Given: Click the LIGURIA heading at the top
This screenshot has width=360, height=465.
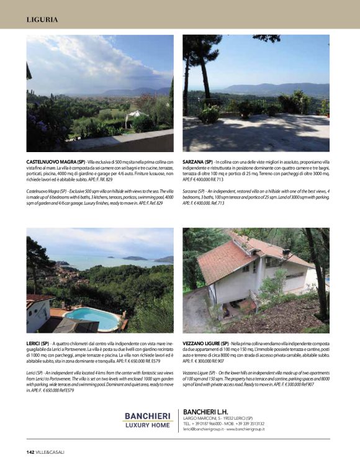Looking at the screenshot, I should coord(42,19).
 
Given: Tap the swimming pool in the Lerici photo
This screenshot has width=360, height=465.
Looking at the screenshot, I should coord(92,317).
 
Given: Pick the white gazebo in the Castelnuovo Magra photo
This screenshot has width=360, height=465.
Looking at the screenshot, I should coord(134,115).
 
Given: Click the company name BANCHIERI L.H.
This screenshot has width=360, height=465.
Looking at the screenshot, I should coord(209,412).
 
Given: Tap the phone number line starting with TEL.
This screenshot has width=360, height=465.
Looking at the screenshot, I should coord(223,423).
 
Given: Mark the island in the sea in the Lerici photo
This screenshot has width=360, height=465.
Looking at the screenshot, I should coord(135,258).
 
